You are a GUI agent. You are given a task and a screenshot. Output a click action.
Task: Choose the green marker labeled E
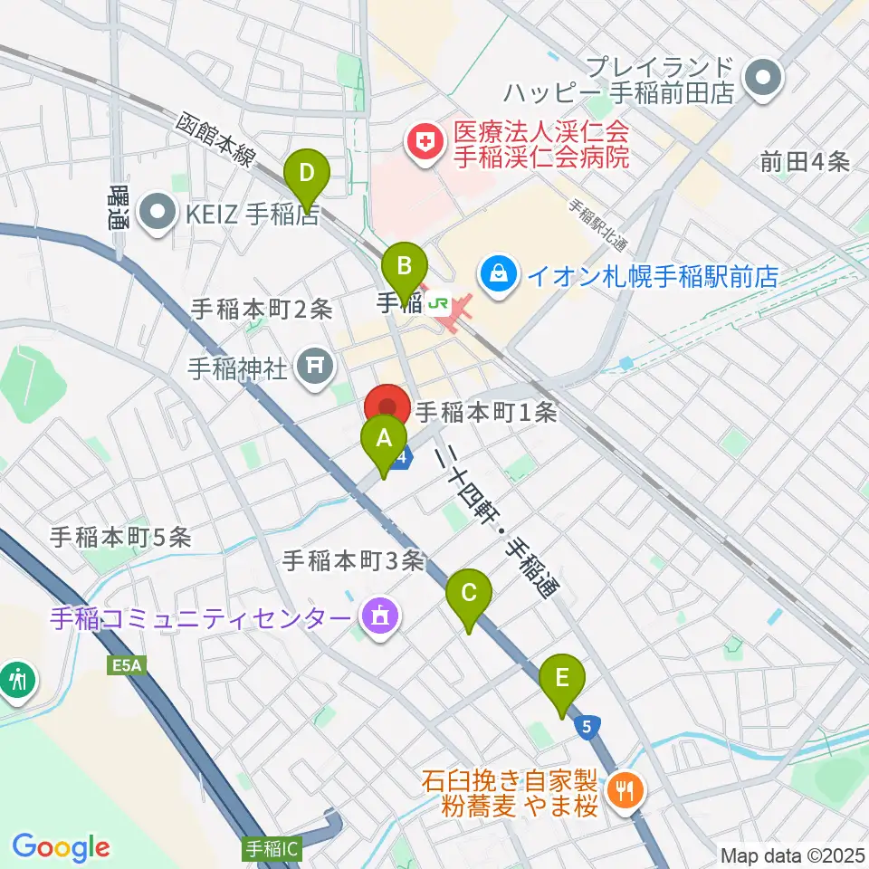point(562,679)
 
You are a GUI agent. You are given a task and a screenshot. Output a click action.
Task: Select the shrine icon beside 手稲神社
point(314,368)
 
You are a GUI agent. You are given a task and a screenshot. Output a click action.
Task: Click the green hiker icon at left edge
point(17,678)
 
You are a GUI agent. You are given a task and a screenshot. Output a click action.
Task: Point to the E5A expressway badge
point(128,666)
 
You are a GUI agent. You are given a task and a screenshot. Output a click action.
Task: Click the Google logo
point(61,847)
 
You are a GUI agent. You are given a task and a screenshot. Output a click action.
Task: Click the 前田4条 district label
point(804,162)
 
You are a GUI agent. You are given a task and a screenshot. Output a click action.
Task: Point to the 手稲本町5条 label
point(120,537)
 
